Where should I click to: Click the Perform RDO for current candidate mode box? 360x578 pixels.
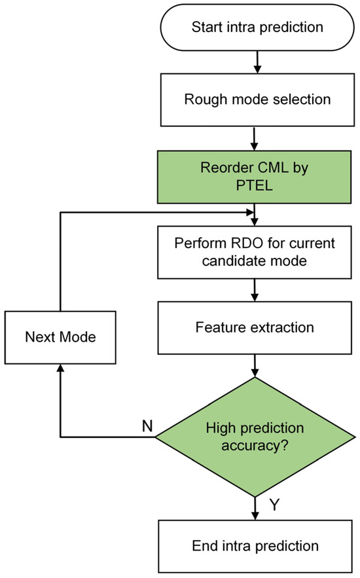255,252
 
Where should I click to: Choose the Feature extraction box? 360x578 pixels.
255,326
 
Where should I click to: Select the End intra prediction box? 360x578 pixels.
255,545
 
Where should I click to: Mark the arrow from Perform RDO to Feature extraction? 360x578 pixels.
255,289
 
